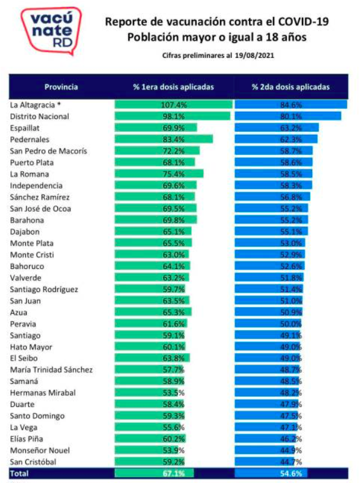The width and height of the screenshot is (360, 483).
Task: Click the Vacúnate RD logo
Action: point(51,31)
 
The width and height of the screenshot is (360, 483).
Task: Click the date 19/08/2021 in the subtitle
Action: point(254,56)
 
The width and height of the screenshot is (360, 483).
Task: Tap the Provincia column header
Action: point(61,87)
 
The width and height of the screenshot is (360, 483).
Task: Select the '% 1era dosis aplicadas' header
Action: point(173,87)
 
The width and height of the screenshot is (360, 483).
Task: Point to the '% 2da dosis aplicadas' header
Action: point(291,87)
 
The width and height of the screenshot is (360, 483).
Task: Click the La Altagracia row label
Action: point(36,105)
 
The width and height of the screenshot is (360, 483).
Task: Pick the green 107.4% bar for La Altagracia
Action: point(173,105)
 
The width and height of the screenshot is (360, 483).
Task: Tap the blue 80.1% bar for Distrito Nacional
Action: point(288,116)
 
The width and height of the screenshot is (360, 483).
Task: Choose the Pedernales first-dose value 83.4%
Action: point(173,140)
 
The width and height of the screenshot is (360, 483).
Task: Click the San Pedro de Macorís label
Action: point(48,151)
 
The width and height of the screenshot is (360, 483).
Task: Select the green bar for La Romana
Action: point(159,174)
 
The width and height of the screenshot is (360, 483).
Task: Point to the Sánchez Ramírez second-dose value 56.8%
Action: point(291,197)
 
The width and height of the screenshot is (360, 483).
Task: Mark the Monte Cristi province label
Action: point(32,254)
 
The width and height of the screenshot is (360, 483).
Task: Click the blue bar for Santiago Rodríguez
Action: point(269,289)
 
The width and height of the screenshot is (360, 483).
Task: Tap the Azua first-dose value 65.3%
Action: point(173,313)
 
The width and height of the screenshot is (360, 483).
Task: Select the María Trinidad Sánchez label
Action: point(51,369)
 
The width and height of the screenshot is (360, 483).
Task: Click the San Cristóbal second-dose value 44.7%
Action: point(291,462)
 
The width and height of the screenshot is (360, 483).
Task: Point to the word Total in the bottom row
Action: point(19,473)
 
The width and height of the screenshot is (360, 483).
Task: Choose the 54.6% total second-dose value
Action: point(291,473)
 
